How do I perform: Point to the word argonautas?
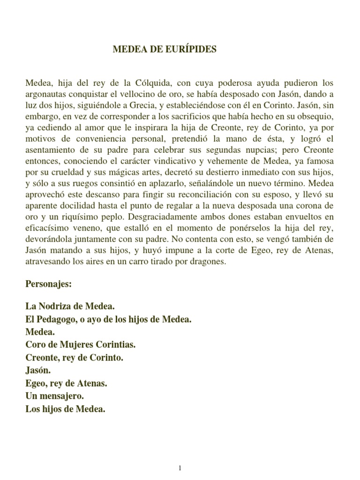(45, 94)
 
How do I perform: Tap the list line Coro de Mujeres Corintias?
(80, 345)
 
